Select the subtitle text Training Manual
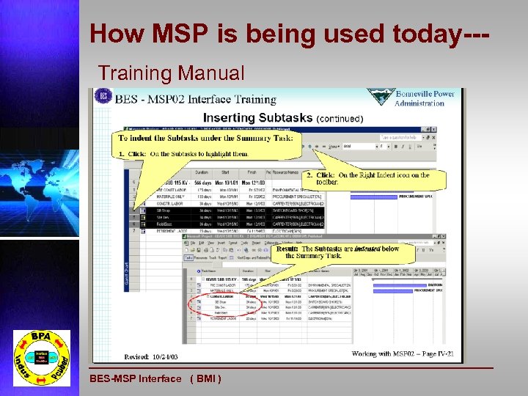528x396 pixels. pyautogui.click(x=172, y=73)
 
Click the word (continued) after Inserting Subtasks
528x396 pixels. pyautogui.click(x=340, y=118)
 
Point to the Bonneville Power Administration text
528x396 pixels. pyautogui.click(x=425, y=98)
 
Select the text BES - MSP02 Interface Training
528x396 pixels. pyautogui.click(x=195, y=99)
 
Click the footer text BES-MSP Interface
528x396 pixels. pyautogui.click(x=135, y=378)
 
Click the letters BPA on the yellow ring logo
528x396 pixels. pyautogui.click(x=41, y=338)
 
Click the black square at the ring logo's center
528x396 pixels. pyautogui.click(x=40, y=359)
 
